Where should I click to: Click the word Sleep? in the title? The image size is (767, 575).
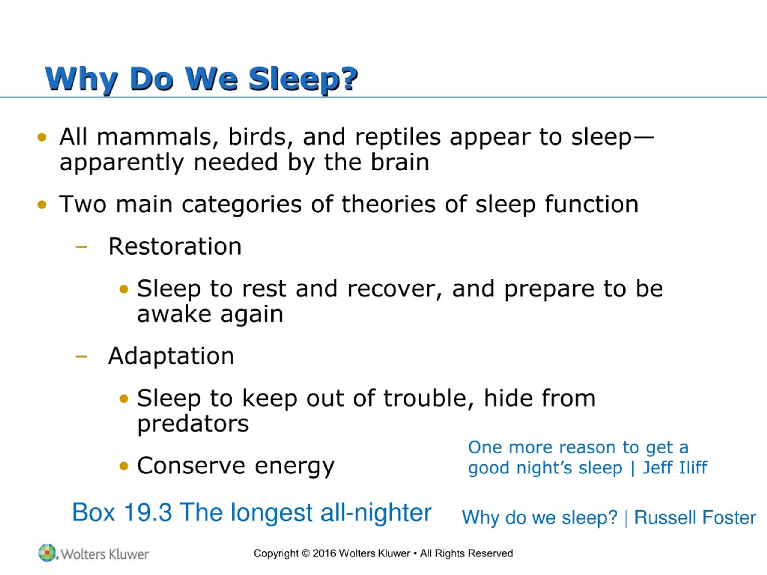303,79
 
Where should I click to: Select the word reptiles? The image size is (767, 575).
397,137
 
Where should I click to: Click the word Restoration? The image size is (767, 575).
175,247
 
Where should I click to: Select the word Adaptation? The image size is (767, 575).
171,356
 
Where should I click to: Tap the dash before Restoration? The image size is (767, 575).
81,247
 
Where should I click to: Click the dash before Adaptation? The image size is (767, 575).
81,356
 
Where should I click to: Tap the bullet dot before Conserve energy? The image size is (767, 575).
124,466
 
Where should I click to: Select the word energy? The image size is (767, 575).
295,466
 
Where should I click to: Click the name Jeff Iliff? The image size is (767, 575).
674,467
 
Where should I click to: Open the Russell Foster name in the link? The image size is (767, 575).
695,518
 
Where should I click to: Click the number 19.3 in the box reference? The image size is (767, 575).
148,513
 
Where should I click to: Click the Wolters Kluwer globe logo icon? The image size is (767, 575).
46,553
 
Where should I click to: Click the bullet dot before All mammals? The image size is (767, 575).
42,137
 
